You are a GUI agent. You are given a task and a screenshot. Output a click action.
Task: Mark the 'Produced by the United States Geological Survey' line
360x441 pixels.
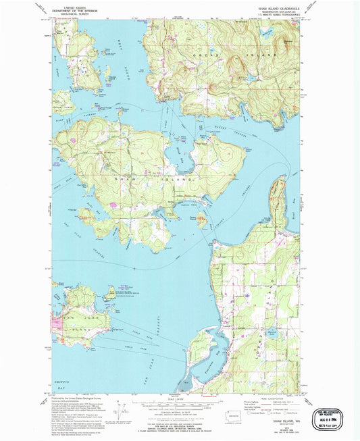point(81,398)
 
